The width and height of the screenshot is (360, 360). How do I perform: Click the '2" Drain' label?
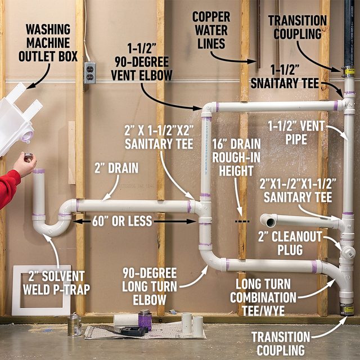pyautogui.click(x=109, y=168)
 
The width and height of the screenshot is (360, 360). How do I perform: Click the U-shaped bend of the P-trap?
pyautogui.click(x=53, y=227)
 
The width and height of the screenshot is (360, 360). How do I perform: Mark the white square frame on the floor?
pyautogui.click(x=42, y=290)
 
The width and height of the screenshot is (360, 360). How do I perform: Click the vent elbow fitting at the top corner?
pyautogui.click(x=209, y=108)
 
